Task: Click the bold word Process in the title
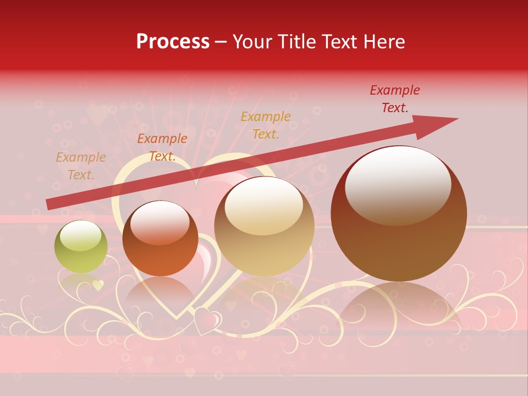pyautogui.click(x=173, y=42)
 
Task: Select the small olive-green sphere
pyautogui.click(x=81, y=247)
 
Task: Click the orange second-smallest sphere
pyautogui.click(x=160, y=239)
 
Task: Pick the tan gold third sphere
pyautogui.click(x=264, y=227)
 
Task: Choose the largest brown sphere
pyautogui.click(x=399, y=213)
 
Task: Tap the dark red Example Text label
pyautogui.click(x=394, y=99)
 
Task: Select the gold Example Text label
pyautogui.click(x=266, y=125)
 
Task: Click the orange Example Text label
pyautogui.click(x=162, y=147)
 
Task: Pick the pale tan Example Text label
pyautogui.click(x=80, y=166)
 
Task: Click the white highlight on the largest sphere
pyautogui.click(x=398, y=184)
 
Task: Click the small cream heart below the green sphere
pyautogui.click(x=98, y=285)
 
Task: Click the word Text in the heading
pyautogui.click(x=337, y=42)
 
